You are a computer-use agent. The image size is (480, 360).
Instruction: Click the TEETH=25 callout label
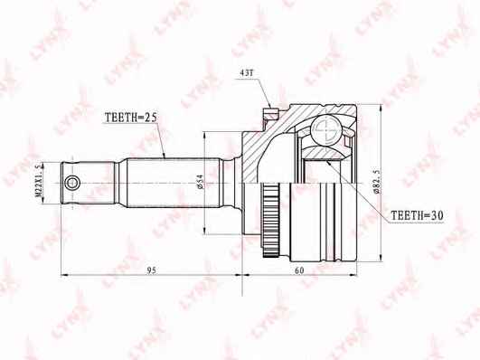coord(130,118)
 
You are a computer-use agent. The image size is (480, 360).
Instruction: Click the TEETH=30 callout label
coord(417,215)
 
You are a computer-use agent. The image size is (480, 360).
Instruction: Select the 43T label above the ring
coord(246,73)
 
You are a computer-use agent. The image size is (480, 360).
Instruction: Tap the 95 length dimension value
coord(151,270)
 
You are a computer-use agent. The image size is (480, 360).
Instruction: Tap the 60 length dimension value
coord(299,270)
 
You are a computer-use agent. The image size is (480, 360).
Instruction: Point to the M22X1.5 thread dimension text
coord(39,180)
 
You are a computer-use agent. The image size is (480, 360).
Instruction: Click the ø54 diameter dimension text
coord(200,182)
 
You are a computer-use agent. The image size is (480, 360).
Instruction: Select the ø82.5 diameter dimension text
coord(377,182)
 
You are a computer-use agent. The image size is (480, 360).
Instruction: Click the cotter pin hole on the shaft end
coord(72,184)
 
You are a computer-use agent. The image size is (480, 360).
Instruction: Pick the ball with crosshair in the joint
coord(325,129)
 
